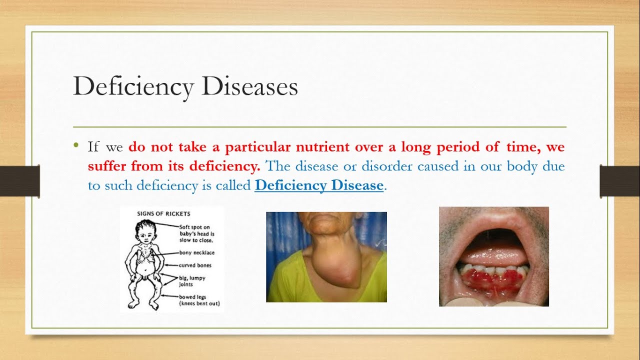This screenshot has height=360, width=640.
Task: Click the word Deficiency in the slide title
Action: coord(133,87)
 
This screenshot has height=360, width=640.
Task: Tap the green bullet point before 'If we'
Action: coord(75,144)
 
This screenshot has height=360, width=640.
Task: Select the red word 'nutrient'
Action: coord(322,147)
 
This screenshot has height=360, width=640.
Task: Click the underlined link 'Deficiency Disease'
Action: coord(319,185)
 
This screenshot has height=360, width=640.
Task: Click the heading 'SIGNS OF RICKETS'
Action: coord(163,213)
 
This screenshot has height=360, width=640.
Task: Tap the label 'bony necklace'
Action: coord(197,252)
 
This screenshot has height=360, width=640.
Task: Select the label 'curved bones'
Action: coord(195,265)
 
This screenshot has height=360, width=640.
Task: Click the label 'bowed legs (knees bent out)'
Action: coord(199,300)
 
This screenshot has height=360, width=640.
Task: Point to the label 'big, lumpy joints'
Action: coord(192,281)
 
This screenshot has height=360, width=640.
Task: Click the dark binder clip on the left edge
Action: coord(19,181)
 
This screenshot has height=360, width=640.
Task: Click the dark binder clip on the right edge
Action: coord(619,181)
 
